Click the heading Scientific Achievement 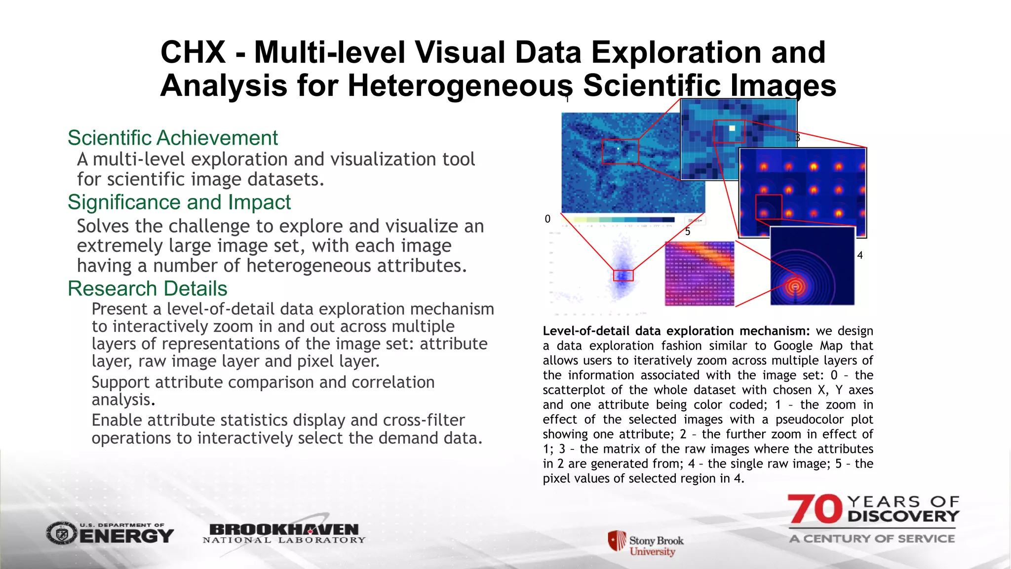click(173, 138)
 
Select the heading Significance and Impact click(179, 203)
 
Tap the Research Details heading click(148, 288)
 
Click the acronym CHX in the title click(193, 52)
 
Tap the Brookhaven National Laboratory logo click(284, 533)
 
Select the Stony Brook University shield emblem click(617, 540)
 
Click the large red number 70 click(815, 509)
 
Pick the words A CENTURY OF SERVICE click(872, 538)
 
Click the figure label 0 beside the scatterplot click(547, 219)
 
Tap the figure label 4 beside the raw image click(860, 255)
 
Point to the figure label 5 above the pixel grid click(688, 232)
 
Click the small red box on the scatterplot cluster click(623, 276)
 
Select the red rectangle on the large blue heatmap click(620, 152)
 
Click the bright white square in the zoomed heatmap click(732, 128)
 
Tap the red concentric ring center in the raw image click(795, 286)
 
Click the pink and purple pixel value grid click(700, 274)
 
